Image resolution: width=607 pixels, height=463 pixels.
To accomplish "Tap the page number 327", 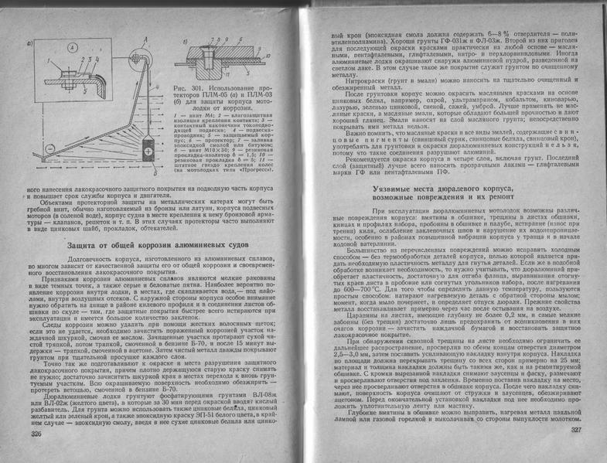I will click(x=574, y=430).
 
